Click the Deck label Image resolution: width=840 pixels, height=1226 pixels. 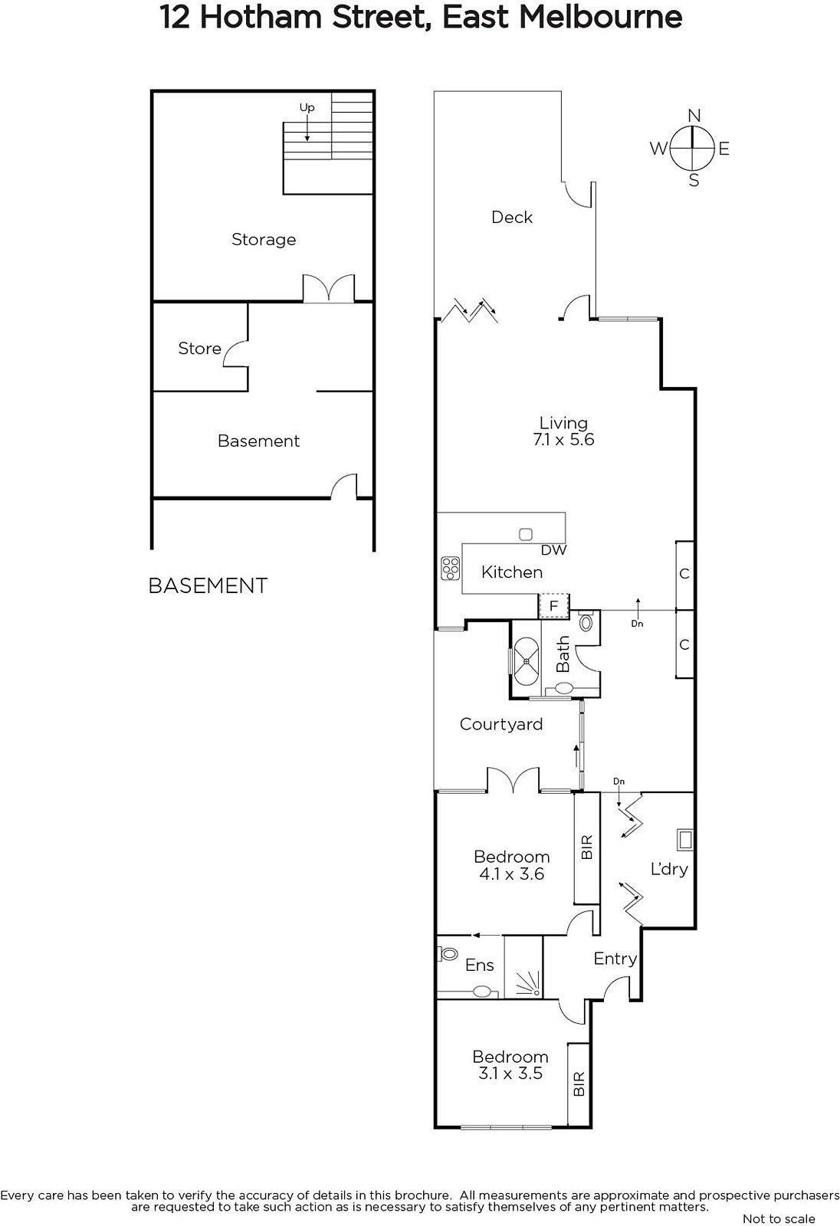pyautogui.click(x=512, y=218)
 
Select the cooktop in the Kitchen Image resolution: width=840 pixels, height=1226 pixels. pyautogui.click(x=451, y=568)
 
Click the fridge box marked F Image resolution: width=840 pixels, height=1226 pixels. pyautogui.click(x=554, y=606)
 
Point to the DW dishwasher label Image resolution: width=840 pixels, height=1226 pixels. pyautogui.click(x=553, y=550)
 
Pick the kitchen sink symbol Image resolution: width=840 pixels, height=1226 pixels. pyautogui.click(x=526, y=534)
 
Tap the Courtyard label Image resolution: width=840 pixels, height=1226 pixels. pyautogui.click(x=501, y=724)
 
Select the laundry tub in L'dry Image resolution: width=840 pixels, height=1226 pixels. pyautogui.click(x=685, y=840)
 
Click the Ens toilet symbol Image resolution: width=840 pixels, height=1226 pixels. pyautogui.click(x=448, y=954)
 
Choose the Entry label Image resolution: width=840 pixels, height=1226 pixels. pyautogui.click(x=615, y=959)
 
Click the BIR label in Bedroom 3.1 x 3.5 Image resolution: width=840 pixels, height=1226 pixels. pyautogui.click(x=579, y=1083)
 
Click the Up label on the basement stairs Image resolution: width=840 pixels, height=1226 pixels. pyautogui.click(x=307, y=108)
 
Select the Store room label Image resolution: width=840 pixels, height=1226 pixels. pyautogui.click(x=200, y=349)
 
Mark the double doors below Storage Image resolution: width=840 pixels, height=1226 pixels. pyautogui.click(x=329, y=288)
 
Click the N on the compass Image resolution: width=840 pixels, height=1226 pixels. pyautogui.click(x=694, y=116)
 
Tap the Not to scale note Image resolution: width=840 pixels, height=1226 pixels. pyautogui.click(x=779, y=1218)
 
